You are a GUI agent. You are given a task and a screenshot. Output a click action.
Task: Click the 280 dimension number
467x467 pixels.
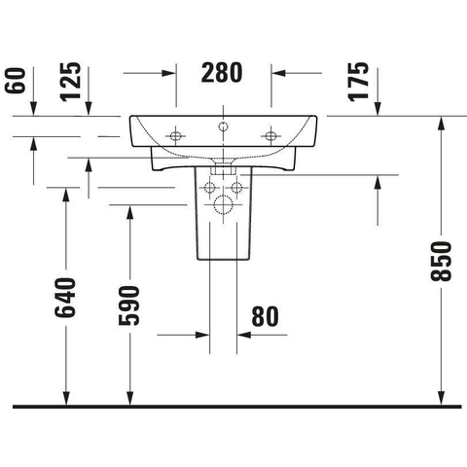tap(222, 73)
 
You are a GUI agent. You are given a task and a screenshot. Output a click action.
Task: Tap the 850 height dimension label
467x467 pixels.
tap(441, 261)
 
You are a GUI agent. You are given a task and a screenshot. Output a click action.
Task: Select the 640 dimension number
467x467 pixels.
tap(65, 298)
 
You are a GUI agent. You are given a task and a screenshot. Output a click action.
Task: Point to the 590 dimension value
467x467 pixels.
tap(129, 305)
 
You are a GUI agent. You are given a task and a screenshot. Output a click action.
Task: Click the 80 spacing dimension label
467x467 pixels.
tap(265, 316)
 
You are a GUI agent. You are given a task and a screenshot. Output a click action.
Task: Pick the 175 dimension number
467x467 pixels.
tap(358, 82)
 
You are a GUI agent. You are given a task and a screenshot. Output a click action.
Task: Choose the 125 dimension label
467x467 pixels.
tap(70, 82)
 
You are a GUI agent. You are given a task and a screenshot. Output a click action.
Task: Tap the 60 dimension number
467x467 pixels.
tap(15, 81)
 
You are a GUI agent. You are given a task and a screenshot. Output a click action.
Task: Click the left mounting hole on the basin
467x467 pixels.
tap(175, 135)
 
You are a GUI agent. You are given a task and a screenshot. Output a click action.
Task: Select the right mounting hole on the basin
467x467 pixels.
tap(270, 135)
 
